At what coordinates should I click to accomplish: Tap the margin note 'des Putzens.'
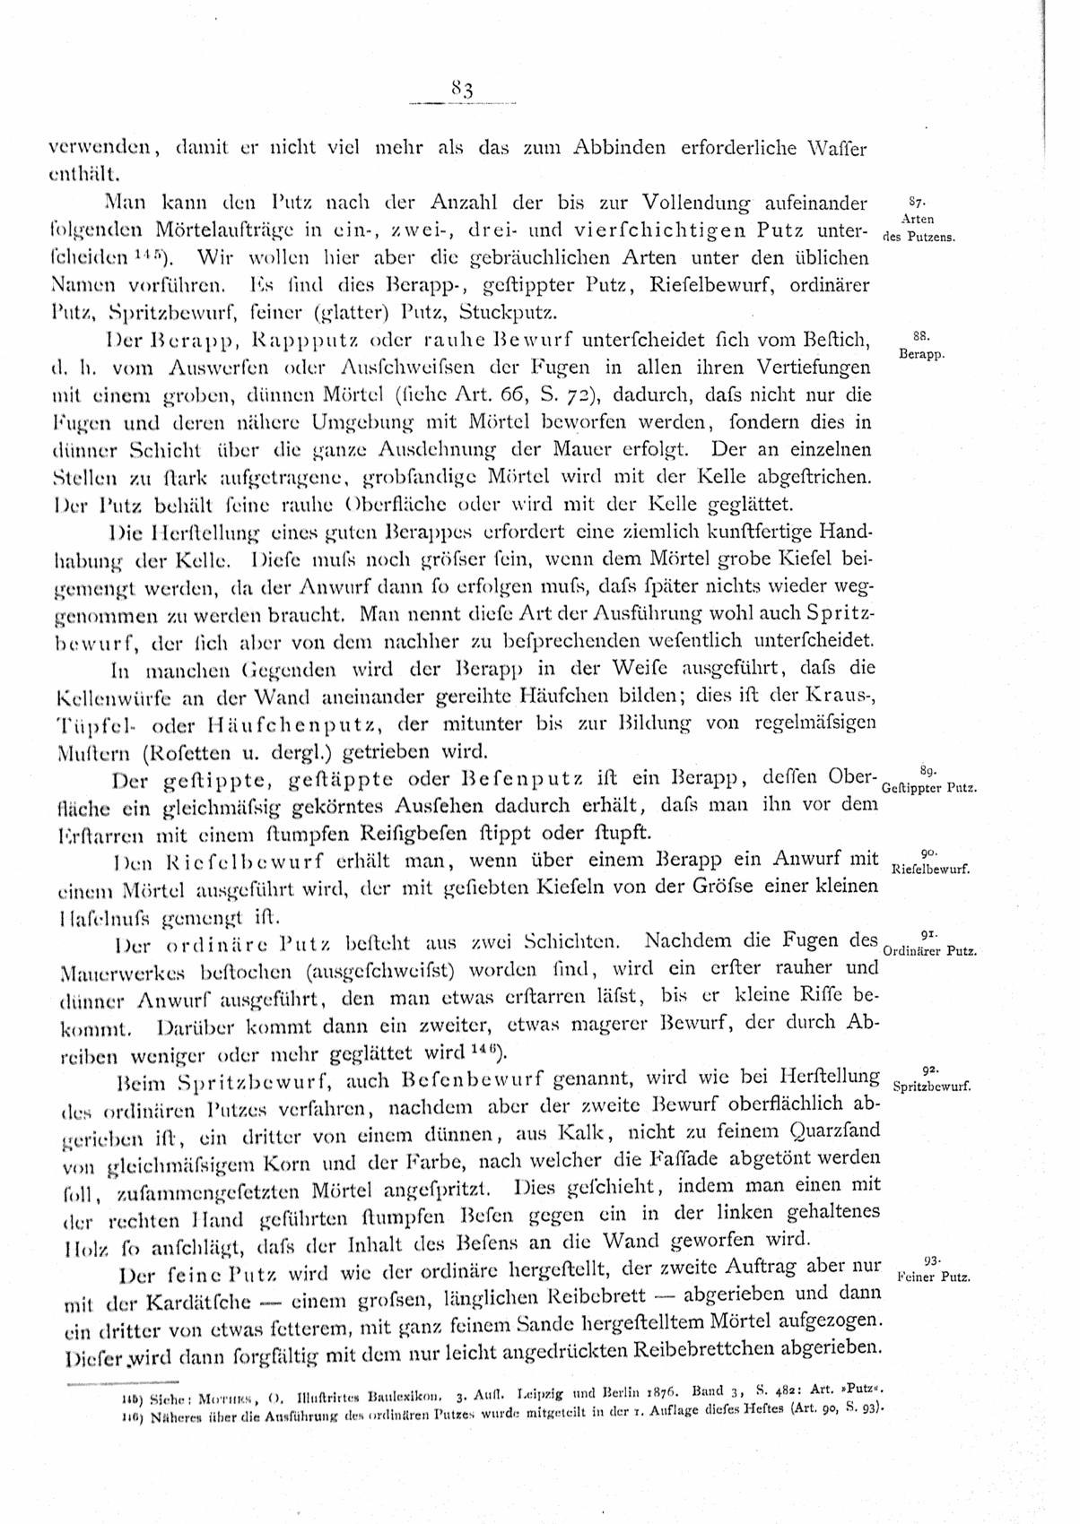920,238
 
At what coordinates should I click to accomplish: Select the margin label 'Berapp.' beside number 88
919,355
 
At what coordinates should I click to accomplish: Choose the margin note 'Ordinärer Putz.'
929,950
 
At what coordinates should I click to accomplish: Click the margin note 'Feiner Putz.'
933,1277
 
